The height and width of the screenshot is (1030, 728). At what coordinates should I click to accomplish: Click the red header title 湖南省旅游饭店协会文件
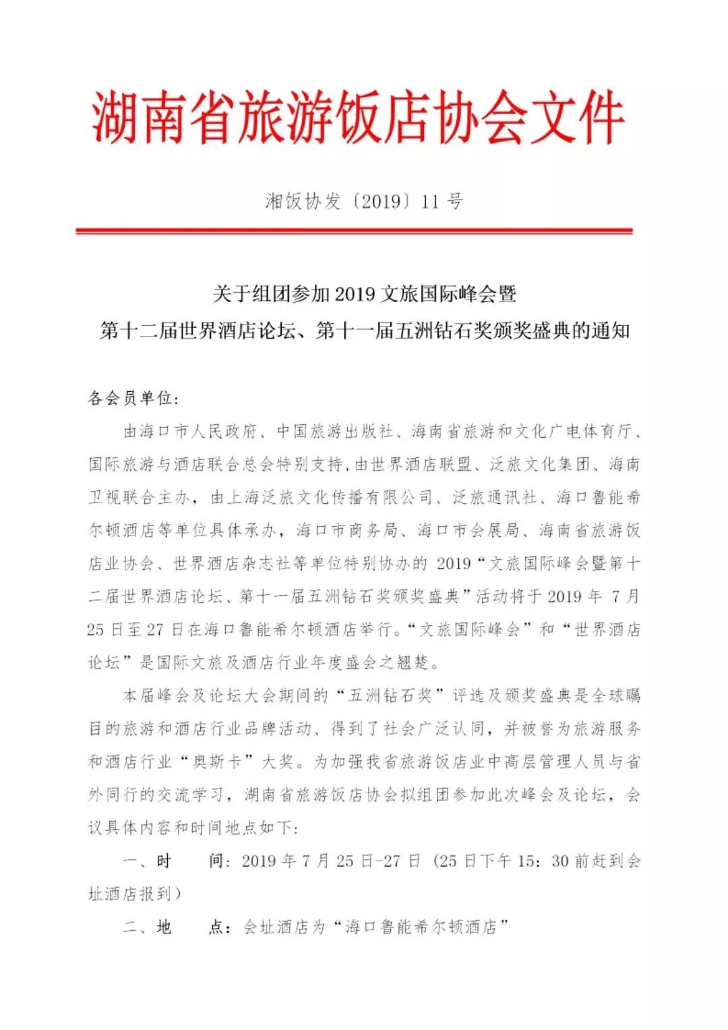pyautogui.click(x=358, y=118)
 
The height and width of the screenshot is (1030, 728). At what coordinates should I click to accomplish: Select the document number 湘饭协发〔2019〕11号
pyautogui.click(x=364, y=201)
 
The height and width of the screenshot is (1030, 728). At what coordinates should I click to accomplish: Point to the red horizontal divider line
pyautogui.click(x=354, y=231)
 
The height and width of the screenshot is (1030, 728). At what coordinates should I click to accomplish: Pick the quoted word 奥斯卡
pyautogui.click(x=217, y=762)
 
